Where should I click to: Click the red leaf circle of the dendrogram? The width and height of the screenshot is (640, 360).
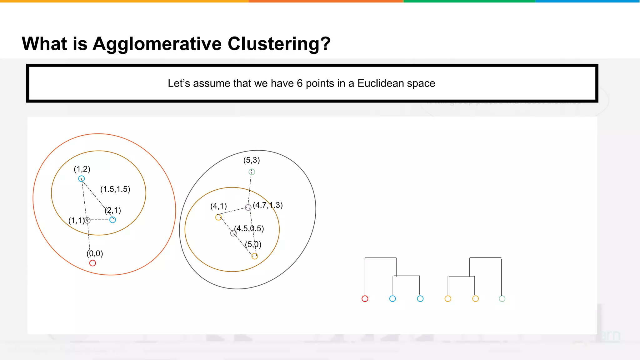[x=365, y=299]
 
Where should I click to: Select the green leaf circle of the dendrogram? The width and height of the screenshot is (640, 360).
[x=502, y=299]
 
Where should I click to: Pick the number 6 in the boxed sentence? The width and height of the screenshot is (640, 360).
[x=299, y=83]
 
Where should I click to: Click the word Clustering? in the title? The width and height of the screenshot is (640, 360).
[x=279, y=43]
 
